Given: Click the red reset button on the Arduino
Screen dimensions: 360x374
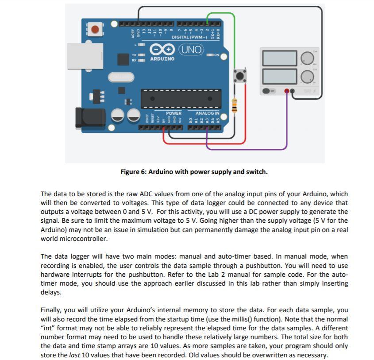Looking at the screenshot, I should pos(94,30).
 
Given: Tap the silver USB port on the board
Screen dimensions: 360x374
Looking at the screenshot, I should pos(85,56).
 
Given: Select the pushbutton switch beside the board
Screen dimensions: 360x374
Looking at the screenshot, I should pos(240,76).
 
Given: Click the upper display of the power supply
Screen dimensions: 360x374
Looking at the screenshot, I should pos(279,58).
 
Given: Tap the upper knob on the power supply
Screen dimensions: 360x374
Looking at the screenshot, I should pos(307,58).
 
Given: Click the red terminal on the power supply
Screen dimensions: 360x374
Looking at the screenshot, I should pos(287,91).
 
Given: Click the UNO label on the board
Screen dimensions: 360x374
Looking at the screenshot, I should pos(192,50).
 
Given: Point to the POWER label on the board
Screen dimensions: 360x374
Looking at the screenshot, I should pos(174,113).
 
